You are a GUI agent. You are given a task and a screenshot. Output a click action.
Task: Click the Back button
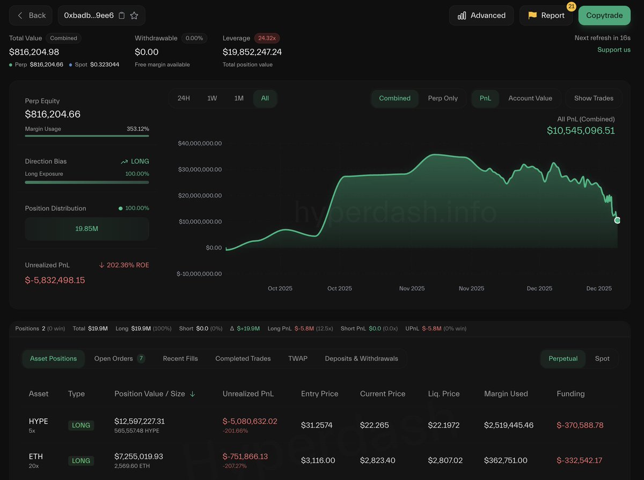tap(31, 16)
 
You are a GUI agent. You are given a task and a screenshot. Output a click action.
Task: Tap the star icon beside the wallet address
tap(134, 16)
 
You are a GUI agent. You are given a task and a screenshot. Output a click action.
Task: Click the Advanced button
tap(481, 16)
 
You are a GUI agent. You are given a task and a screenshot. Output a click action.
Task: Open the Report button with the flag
tap(546, 16)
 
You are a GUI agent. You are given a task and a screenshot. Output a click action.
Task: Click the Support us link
tap(614, 50)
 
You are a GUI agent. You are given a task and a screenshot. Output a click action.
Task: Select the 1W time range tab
tap(212, 98)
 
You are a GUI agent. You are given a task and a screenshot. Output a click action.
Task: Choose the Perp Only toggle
tap(443, 98)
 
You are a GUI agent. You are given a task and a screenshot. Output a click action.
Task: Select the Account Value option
tap(530, 98)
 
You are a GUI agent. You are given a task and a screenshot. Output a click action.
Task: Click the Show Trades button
tap(594, 98)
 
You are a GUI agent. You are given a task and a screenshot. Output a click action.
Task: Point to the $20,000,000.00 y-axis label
tap(200, 196)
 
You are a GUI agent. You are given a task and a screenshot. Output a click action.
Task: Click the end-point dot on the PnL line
tap(617, 220)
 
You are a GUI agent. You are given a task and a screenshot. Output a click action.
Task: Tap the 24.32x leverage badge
tap(267, 39)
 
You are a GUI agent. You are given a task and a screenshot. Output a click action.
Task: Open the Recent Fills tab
tap(180, 358)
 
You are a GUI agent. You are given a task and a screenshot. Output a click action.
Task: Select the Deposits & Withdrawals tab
tap(361, 358)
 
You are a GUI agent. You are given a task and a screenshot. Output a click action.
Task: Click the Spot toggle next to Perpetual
tap(602, 358)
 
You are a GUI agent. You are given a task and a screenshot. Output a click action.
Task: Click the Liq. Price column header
tap(444, 394)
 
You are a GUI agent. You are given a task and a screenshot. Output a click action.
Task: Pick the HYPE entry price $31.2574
tap(317, 425)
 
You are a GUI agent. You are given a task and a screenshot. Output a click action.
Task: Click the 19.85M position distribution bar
tap(87, 228)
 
